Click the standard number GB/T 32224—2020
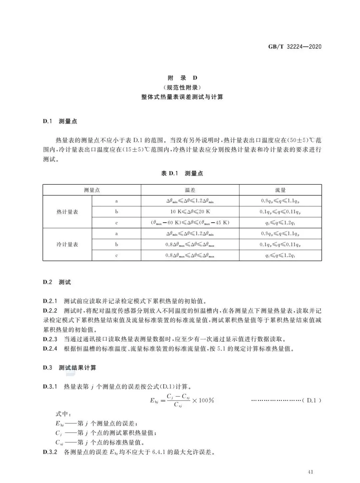pyautogui.click(x=295, y=47)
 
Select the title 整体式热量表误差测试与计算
pyautogui.click(x=182, y=97)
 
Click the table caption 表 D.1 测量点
pyautogui.click(x=182, y=173)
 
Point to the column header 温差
pyautogui.click(x=190, y=190)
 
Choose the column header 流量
pyautogui.click(x=280, y=190)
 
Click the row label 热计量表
pyautogui.click(x=67, y=212)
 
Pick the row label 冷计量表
pyautogui.click(x=67, y=244)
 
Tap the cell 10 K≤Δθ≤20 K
pyautogui.click(x=190, y=212)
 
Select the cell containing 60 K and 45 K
pyautogui.click(x=190, y=223)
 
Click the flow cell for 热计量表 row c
pyautogui.click(x=280, y=223)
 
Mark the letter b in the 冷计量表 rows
pyautogui.click(x=116, y=244)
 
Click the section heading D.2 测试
pyautogui.click(x=57, y=282)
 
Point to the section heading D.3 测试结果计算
pyautogui.click(x=69, y=368)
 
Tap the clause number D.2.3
pyautogui.click(x=50, y=339)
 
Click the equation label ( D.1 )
pyautogui.click(x=311, y=400)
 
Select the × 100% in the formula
pyautogui.click(x=203, y=400)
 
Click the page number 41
pyautogui.click(x=311, y=472)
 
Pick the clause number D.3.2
pyautogui.click(x=50, y=452)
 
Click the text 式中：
pyautogui.click(x=63, y=414)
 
